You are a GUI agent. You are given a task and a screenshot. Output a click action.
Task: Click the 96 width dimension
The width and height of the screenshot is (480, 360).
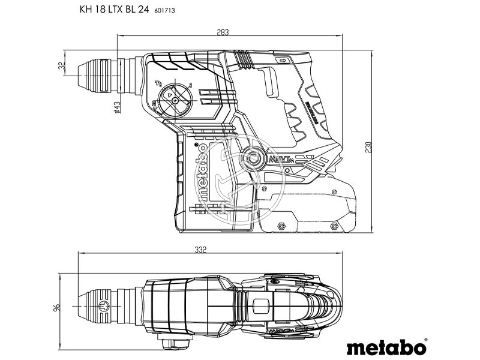pyautogui.click(x=57, y=308)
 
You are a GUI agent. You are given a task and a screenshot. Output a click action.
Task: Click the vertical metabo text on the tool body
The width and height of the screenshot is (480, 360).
pyautogui.click(x=202, y=171)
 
